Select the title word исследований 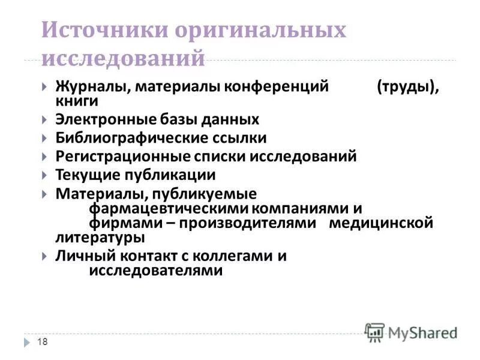(x=124, y=59)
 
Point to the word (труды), (x=408, y=87)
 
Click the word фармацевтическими (x=169, y=209)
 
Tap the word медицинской (x=381, y=223)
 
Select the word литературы (x=100, y=238)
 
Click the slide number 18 (x=42, y=341)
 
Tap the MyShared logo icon (x=374, y=332)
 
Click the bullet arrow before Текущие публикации (x=46, y=176)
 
